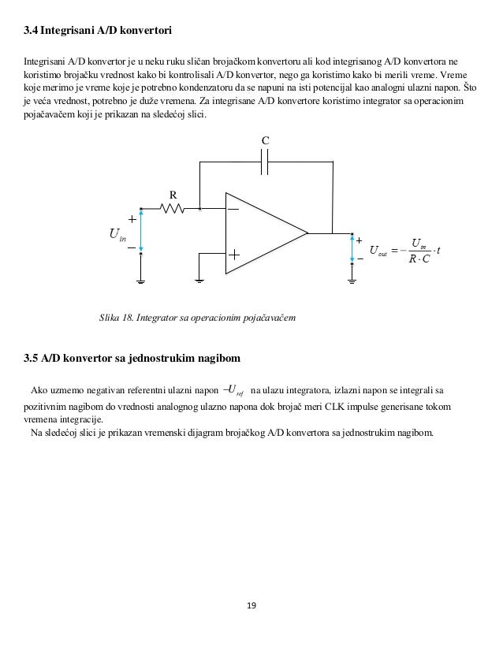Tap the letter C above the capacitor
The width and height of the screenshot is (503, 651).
pyautogui.click(x=266, y=139)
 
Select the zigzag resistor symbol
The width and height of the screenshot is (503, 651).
pyautogui.click(x=172, y=209)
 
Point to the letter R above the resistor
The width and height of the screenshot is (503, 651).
pyautogui.click(x=173, y=194)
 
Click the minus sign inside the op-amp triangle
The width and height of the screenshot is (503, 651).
pyautogui.click(x=234, y=210)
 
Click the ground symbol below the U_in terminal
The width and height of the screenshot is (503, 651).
pyautogui.click(x=141, y=279)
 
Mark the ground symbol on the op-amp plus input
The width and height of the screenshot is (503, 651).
pyautogui.click(x=199, y=279)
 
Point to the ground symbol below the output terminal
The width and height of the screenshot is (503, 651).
pyautogui.click(x=352, y=279)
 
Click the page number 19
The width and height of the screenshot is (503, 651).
pyautogui.click(x=251, y=605)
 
